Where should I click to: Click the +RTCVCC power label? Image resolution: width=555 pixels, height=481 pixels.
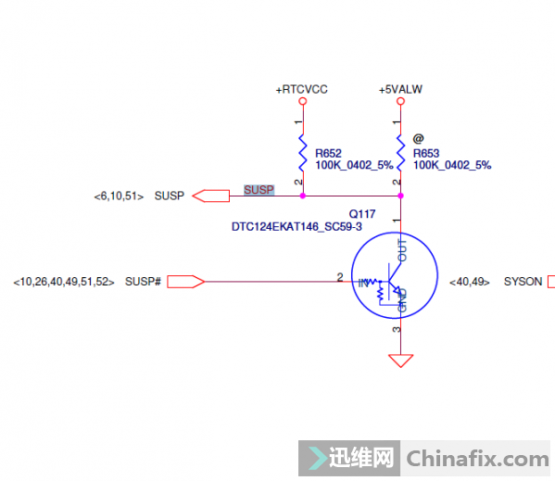point(301,90)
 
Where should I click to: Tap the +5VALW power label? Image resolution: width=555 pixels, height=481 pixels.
point(400,90)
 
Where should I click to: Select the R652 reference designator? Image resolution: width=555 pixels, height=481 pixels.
point(328,154)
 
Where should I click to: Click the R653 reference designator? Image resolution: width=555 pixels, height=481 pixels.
point(426,154)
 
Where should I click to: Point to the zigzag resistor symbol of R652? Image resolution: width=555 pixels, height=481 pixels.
point(303,153)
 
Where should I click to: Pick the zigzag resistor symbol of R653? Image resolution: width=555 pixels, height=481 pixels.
point(400,153)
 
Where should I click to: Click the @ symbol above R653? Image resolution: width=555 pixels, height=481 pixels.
point(418,138)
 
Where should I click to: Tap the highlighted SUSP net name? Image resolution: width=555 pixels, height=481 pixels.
point(259,190)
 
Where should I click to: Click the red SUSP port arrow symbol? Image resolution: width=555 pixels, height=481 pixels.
point(210,196)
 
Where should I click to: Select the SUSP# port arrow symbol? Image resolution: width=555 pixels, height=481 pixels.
point(185,282)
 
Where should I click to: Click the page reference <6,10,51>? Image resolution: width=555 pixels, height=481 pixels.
point(119,196)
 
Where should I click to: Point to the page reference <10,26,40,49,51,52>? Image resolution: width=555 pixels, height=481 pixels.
point(64,282)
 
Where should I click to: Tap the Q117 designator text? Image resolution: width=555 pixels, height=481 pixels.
point(361,214)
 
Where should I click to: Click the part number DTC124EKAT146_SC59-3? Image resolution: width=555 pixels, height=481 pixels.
point(296,227)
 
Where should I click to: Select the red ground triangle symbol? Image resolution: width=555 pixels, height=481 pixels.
point(400,361)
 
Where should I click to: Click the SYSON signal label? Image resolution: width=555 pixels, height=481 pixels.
point(523,282)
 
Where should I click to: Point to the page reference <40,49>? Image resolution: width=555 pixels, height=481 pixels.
point(470,282)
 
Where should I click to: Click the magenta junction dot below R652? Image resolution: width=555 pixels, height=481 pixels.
point(303,196)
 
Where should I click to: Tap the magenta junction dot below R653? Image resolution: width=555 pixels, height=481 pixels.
point(400,196)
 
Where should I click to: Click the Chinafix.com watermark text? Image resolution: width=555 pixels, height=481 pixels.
point(478,459)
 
